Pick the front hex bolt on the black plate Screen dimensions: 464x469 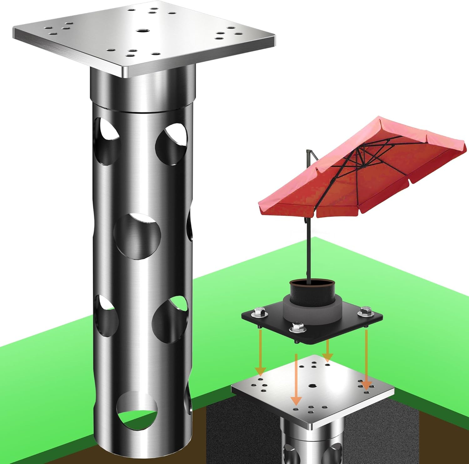pos(295,328)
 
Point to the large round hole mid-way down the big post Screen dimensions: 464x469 pos(138,237)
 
